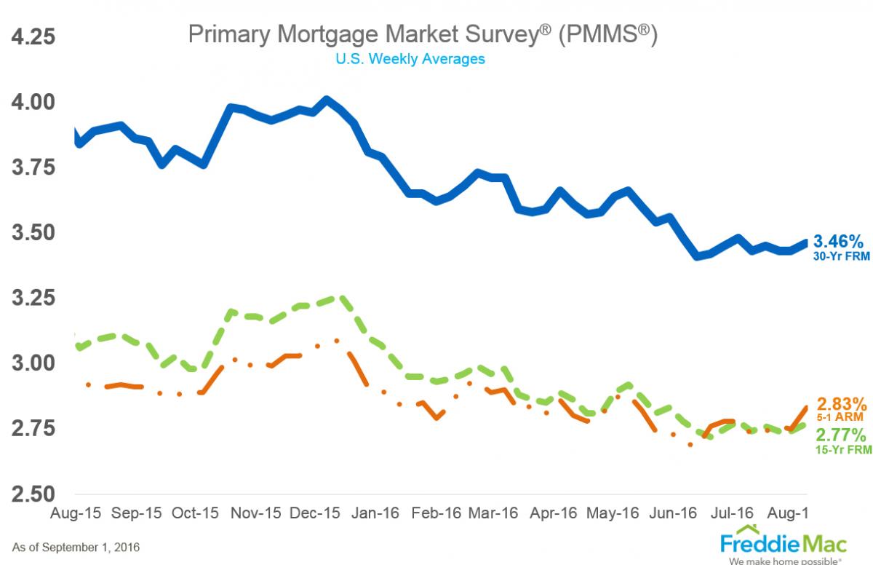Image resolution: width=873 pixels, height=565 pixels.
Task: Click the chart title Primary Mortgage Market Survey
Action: (423, 34)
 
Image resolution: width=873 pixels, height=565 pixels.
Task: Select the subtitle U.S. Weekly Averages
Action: (410, 59)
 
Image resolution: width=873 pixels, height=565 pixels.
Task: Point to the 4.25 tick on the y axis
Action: (32, 36)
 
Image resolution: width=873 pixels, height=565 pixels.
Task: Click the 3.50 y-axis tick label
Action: (32, 233)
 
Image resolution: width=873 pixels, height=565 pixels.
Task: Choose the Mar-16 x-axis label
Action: (494, 513)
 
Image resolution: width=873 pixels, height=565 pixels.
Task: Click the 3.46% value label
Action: (838, 241)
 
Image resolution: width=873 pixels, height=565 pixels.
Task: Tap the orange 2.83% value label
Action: (841, 403)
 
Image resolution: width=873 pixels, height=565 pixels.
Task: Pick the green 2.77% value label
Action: (841, 435)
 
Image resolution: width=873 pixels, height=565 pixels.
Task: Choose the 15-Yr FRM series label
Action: (842, 450)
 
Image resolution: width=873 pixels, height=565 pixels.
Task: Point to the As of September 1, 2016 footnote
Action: (76, 546)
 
